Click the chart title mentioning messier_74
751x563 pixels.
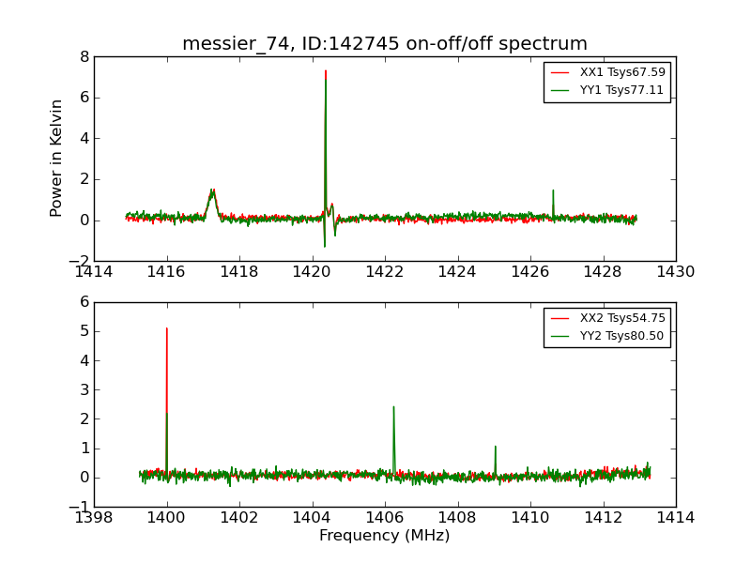[x=385, y=44]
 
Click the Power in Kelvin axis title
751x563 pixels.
[x=57, y=158]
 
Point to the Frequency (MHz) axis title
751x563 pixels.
[x=385, y=536]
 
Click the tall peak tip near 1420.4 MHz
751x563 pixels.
[x=326, y=70]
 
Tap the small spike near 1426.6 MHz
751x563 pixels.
[x=553, y=190]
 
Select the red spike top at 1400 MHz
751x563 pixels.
[x=167, y=328]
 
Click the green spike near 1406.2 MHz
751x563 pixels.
[x=393, y=407]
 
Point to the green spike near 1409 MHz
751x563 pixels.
[x=495, y=447]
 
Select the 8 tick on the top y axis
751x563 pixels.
[x=84, y=56]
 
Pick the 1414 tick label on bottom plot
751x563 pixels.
[x=676, y=517]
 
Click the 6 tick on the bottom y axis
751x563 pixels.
[x=84, y=302]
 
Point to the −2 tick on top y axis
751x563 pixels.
[x=79, y=261]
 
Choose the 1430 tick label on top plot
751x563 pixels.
[x=676, y=272]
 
